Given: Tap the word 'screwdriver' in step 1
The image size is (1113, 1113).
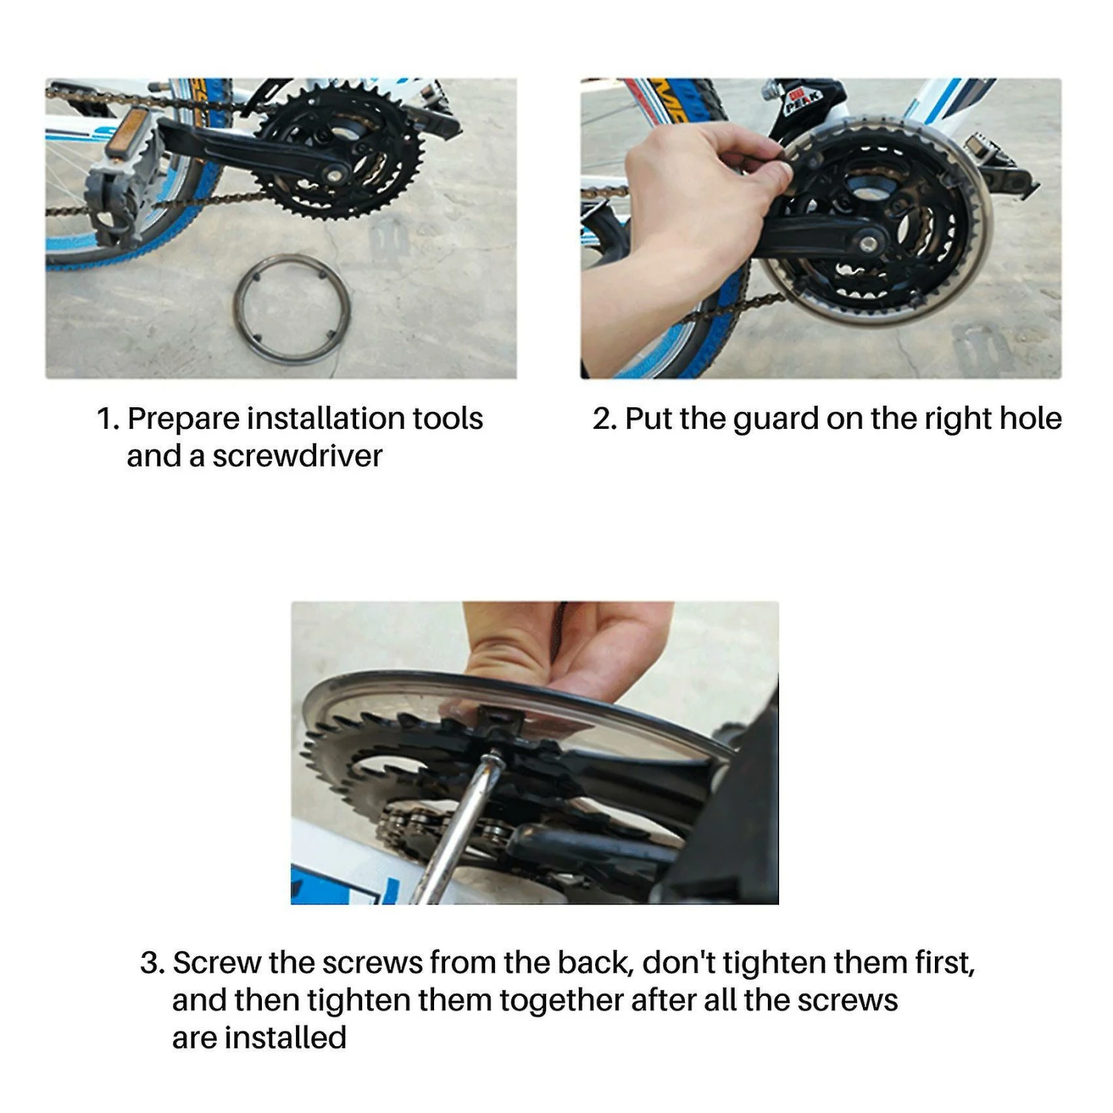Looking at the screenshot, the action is pos(297,456).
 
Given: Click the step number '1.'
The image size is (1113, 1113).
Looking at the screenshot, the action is pos(108,419).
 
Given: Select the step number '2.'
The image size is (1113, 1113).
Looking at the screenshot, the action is pos(605,419).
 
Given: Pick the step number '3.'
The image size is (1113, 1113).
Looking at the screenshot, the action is pos(152,963).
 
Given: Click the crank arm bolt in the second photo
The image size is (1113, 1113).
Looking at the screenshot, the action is pos(868,243).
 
